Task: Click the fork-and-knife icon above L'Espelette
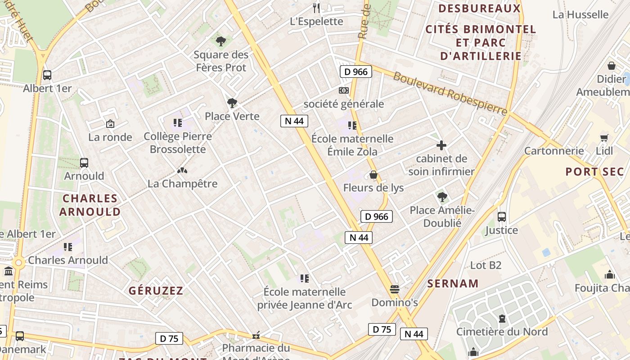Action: coord(316,8)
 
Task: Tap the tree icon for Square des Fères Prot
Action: coord(220,41)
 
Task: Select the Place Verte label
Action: coord(232,116)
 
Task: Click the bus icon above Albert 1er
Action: coord(47,75)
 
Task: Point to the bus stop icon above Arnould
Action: coord(84,163)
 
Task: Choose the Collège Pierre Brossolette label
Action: coord(178,143)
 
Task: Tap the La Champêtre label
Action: coord(183,184)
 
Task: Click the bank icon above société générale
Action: coord(344,90)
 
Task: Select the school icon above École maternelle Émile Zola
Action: coord(352,125)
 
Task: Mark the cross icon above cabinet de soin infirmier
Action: coord(441,145)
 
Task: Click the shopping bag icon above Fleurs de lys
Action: coord(373,175)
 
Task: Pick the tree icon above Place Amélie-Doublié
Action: coord(442,197)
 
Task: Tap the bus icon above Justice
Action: coord(502,217)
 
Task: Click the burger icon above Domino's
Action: coord(395,289)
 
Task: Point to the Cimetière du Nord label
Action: coord(502,332)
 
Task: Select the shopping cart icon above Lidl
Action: coord(604,138)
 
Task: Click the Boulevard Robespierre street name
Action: coord(450,94)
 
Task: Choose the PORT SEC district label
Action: coord(594,171)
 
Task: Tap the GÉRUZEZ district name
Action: coord(156,291)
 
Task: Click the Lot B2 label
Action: coord(486,265)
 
